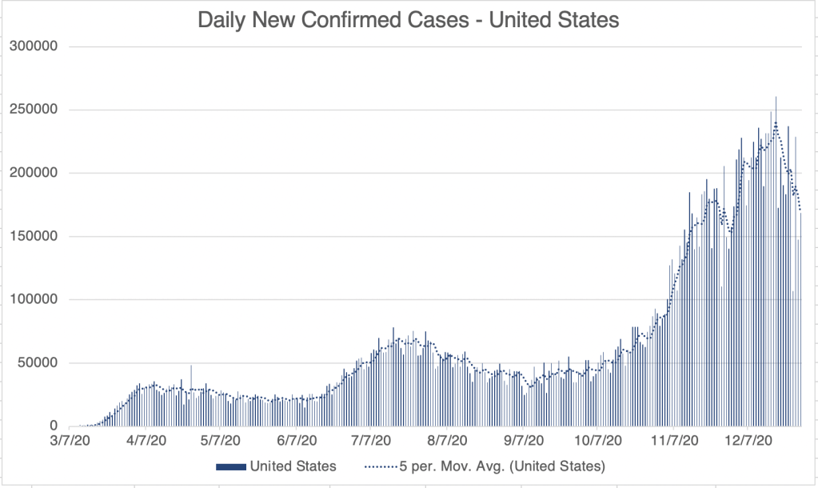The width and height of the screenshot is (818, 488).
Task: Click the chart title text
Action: (409, 20)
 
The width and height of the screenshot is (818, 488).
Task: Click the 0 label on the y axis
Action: (54, 426)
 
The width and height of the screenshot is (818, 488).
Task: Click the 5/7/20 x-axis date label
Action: (217, 441)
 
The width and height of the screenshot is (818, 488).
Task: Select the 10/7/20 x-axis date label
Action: (596, 441)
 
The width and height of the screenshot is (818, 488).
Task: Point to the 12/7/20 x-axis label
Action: (744, 441)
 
